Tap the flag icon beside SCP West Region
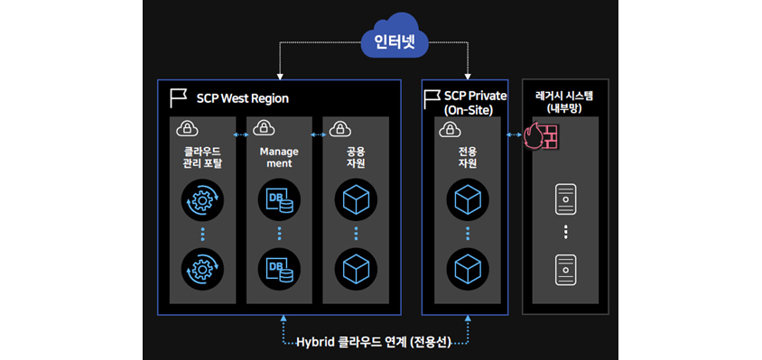tap(178, 97)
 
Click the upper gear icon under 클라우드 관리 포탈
tap(203, 201)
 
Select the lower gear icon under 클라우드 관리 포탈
tap(203, 268)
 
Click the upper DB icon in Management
tap(280, 201)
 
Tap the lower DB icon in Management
tap(280, 268)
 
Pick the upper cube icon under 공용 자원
tap(355, 201)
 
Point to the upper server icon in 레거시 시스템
tap(565, 199)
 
